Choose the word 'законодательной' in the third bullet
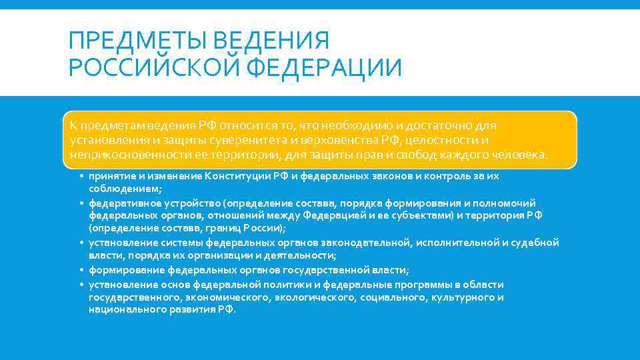pyautogui.click(x=365, y=243)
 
